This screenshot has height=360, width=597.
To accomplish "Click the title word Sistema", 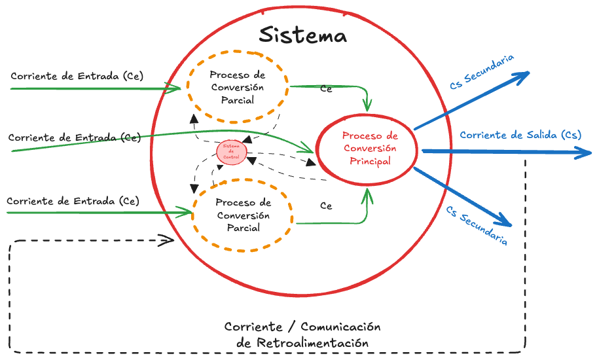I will (x=302, y=34).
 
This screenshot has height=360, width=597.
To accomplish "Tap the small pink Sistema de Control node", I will (x=232, y=153).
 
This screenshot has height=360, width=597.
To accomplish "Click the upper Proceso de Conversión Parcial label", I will (x=237, y=88).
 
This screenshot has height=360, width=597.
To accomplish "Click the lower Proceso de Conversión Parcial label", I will (x=242, y=215).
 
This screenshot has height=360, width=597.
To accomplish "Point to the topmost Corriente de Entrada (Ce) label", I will (x=77, y=76).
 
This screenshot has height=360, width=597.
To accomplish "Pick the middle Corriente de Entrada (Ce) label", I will (x=75, y=137).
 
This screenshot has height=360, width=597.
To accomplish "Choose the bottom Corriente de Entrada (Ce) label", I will (x=73, y=201).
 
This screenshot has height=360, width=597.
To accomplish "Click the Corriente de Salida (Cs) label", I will (x=520, y=135).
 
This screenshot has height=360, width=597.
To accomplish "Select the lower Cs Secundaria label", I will (x=477, y=225).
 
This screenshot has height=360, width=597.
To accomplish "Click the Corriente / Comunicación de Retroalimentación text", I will (x=302, y=334).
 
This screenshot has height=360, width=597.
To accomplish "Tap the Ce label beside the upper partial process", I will (x=325, y=88).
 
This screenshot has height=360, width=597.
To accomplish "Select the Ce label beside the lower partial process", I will (x=325, y=206).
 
